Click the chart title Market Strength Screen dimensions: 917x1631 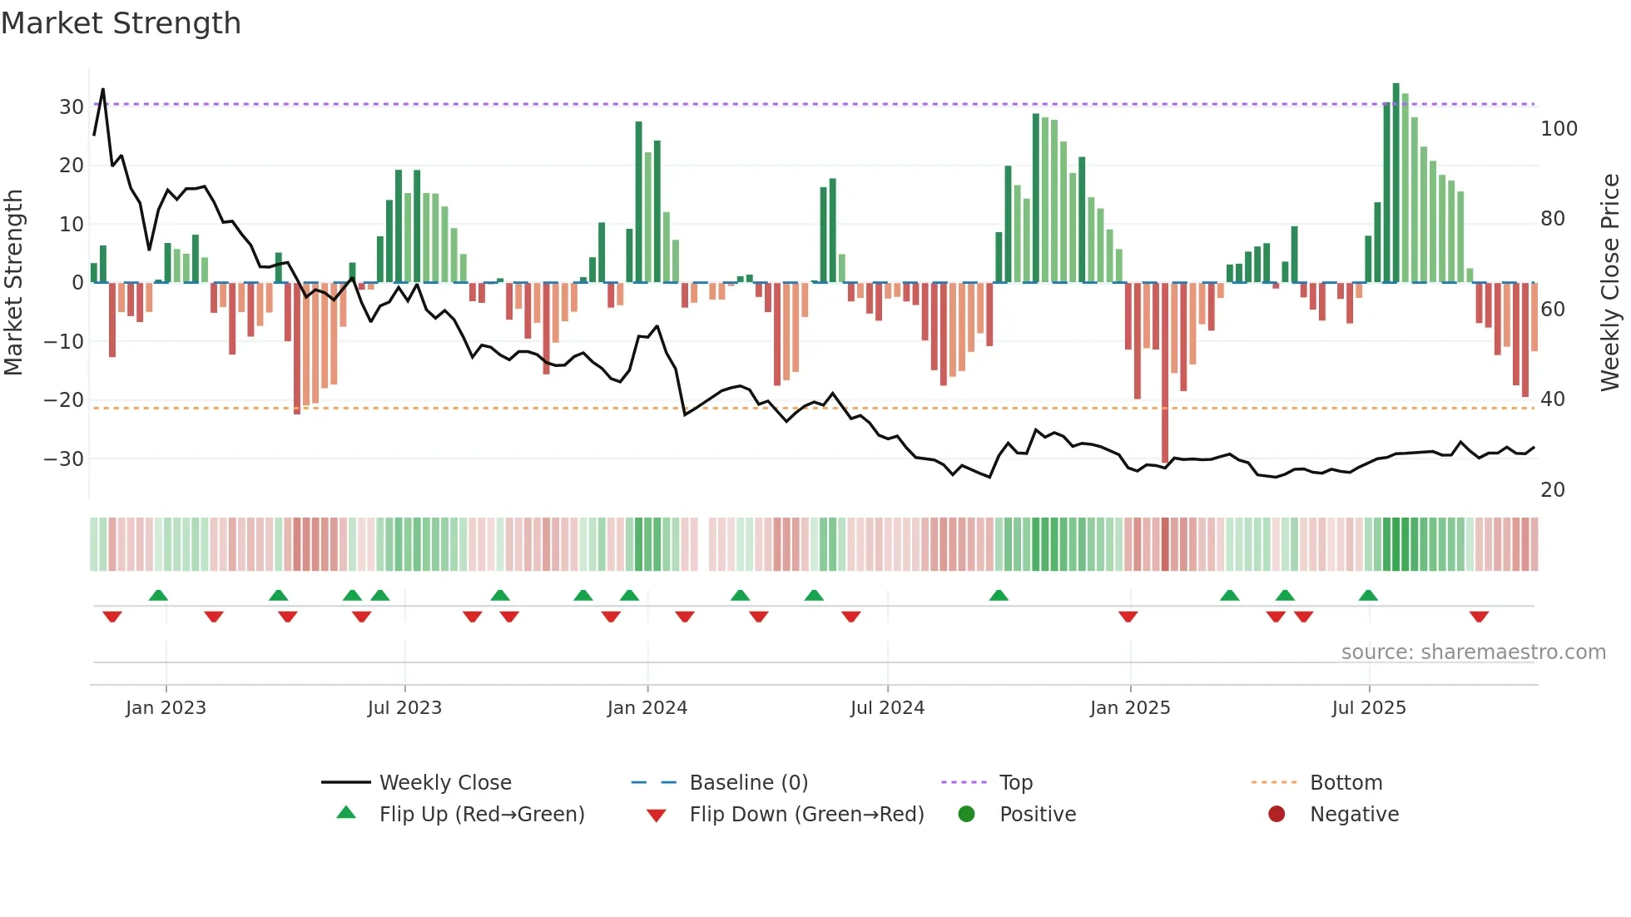pyautogui.click(x=121, y=23)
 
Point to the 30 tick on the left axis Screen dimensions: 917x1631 pyautogui.click(x=71, y=107)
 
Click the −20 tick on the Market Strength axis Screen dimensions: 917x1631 pyautogui.click(x=64, y=400)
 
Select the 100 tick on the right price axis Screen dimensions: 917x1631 pyautogui.click(x=1559, y=129)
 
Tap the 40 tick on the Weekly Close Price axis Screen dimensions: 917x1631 pyautogui.click(x=1552, y=399)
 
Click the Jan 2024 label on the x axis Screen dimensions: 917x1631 pyautogui.click(x=647, y=708)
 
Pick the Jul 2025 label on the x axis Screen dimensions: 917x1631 pyautogui.click(x=1368, y=708)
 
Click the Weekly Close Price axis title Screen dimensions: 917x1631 pyautogui.click(x=1609, y=283)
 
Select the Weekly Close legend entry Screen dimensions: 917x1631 pyautogui.click(x=444, y=783)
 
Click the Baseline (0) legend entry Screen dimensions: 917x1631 pyautogui.click(x=748, y=783)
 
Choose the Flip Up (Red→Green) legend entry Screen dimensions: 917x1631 pyautogui.click(x=481, y=815)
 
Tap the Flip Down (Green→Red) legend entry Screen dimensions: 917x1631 pyautogui.click(x=806, y=815)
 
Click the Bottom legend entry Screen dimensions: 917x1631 pyautogui.click(x=1345, y=783)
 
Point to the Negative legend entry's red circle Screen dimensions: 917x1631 pyautogui.click(x=1276, y=815)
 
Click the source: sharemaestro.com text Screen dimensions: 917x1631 pyautogui.click(x=1473, y=652)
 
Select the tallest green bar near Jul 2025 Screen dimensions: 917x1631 pyautogui.click(x=1396, y=183)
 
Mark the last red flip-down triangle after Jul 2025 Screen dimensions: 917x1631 pyautogui.click(x=1479, y=617)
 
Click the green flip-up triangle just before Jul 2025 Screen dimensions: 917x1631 pyautogui.click(x=1368, y=595)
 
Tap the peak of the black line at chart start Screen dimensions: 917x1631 pyautogui.click(x=103, y=90)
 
